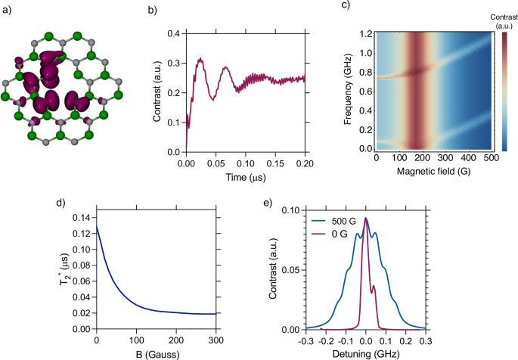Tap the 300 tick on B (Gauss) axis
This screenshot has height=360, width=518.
point(217,339)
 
